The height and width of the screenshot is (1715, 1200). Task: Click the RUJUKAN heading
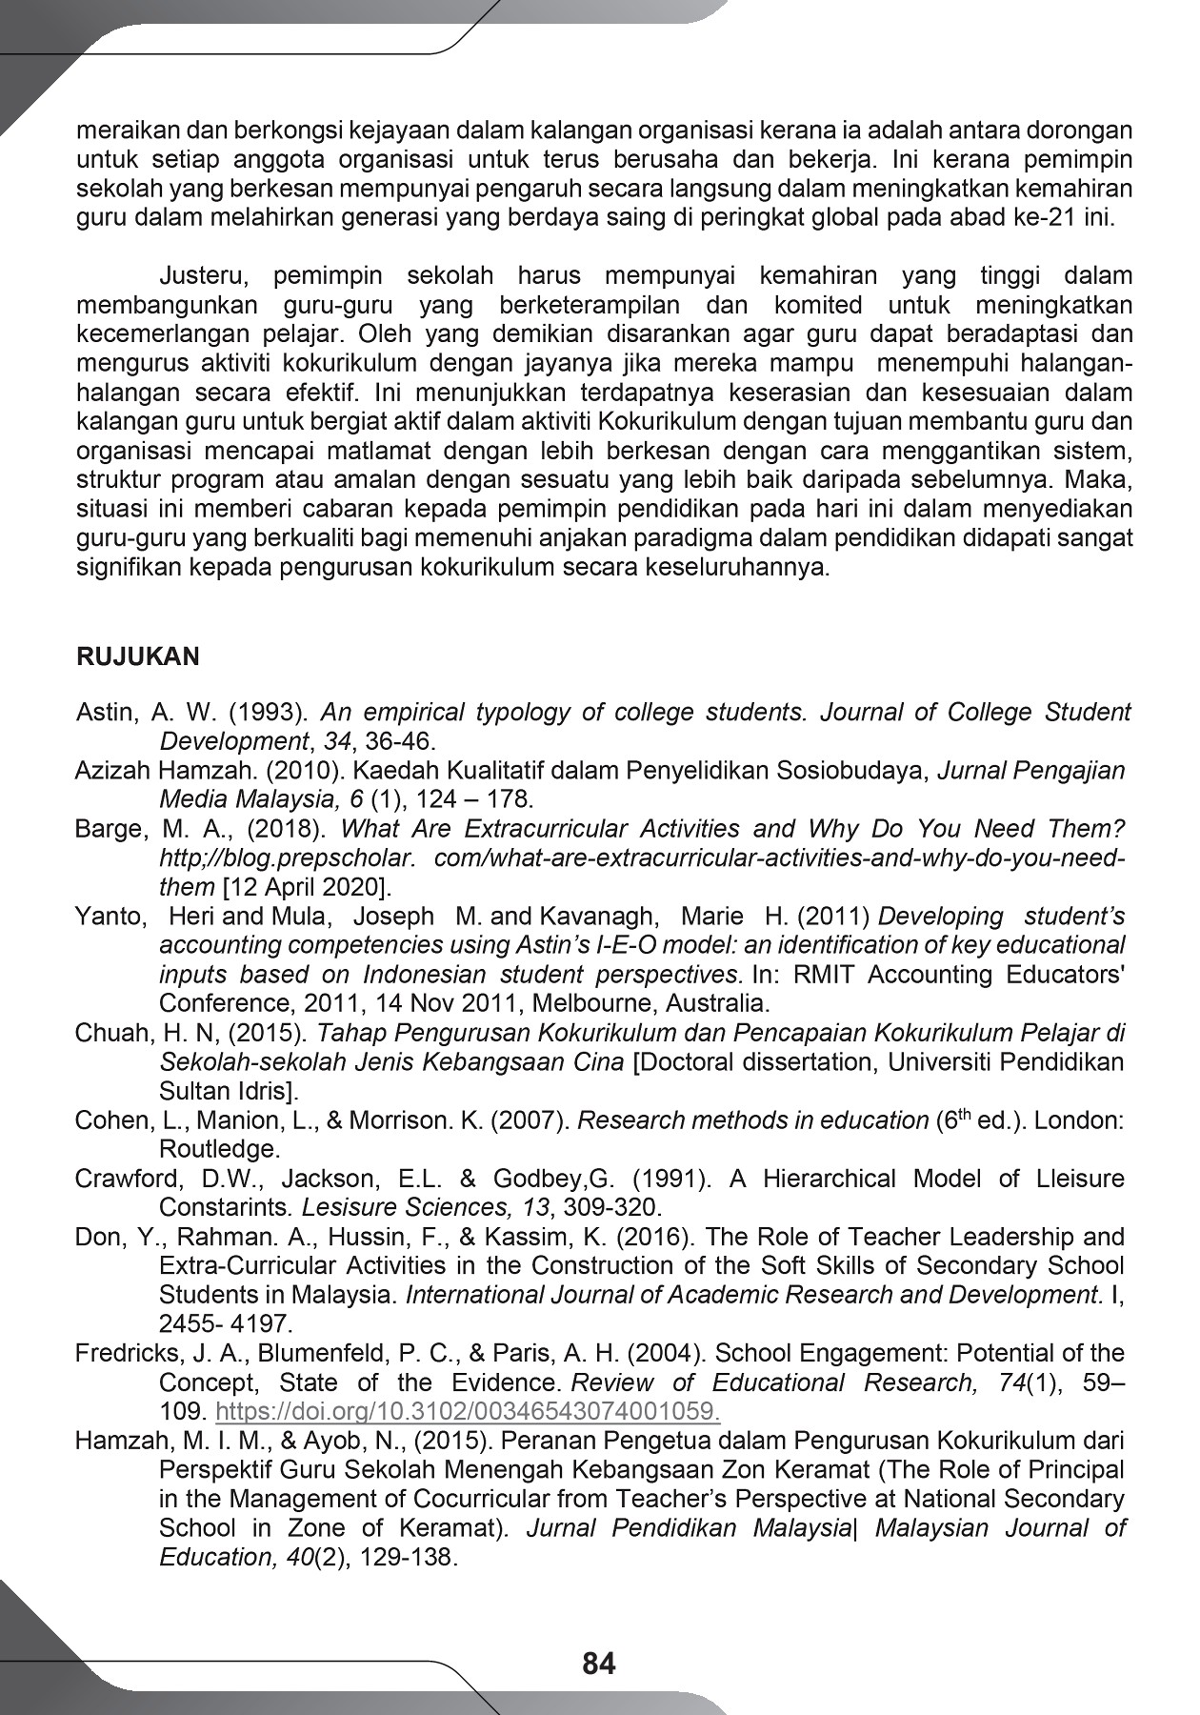pos(137,657)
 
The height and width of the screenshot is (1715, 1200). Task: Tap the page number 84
pos(599,1664)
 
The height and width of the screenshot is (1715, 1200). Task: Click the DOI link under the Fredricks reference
pos(468,1412)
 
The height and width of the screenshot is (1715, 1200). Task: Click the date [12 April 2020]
pos(306,888)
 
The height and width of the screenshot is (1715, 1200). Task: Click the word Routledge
pos(219,1149)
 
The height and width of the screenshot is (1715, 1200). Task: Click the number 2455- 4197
pos(226,1324)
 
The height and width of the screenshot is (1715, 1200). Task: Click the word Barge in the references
pos(108,829)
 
